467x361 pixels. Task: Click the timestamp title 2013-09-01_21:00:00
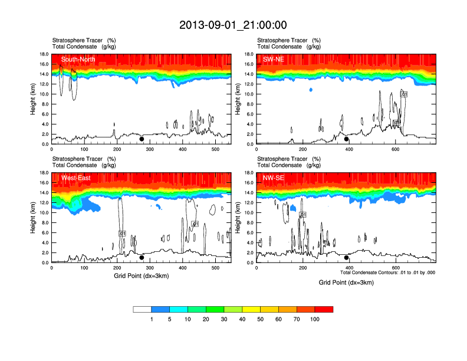(x=233, y=25)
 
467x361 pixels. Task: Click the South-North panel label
(x=78, y=59)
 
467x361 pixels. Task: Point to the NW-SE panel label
(x=274, y=178)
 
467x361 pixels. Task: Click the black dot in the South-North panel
(x=142, y=139)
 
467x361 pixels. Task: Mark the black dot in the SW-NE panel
(x=347, y=139)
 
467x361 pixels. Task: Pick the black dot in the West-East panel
(x=142, y=258)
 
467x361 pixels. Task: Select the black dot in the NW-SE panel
(x=347, y=258)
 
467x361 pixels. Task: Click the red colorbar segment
(x=324, y=309)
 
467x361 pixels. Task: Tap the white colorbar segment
(x=142, y=309)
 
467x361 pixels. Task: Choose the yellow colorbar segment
(x=251, y=309)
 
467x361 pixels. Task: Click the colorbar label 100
(x=315, y=319)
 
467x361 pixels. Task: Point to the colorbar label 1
(x=152, y=319)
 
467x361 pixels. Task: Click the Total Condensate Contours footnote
(x=387, y=273)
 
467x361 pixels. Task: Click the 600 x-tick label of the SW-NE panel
(x=394, y=150)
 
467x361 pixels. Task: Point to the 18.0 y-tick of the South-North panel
(x=43, y=54)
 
